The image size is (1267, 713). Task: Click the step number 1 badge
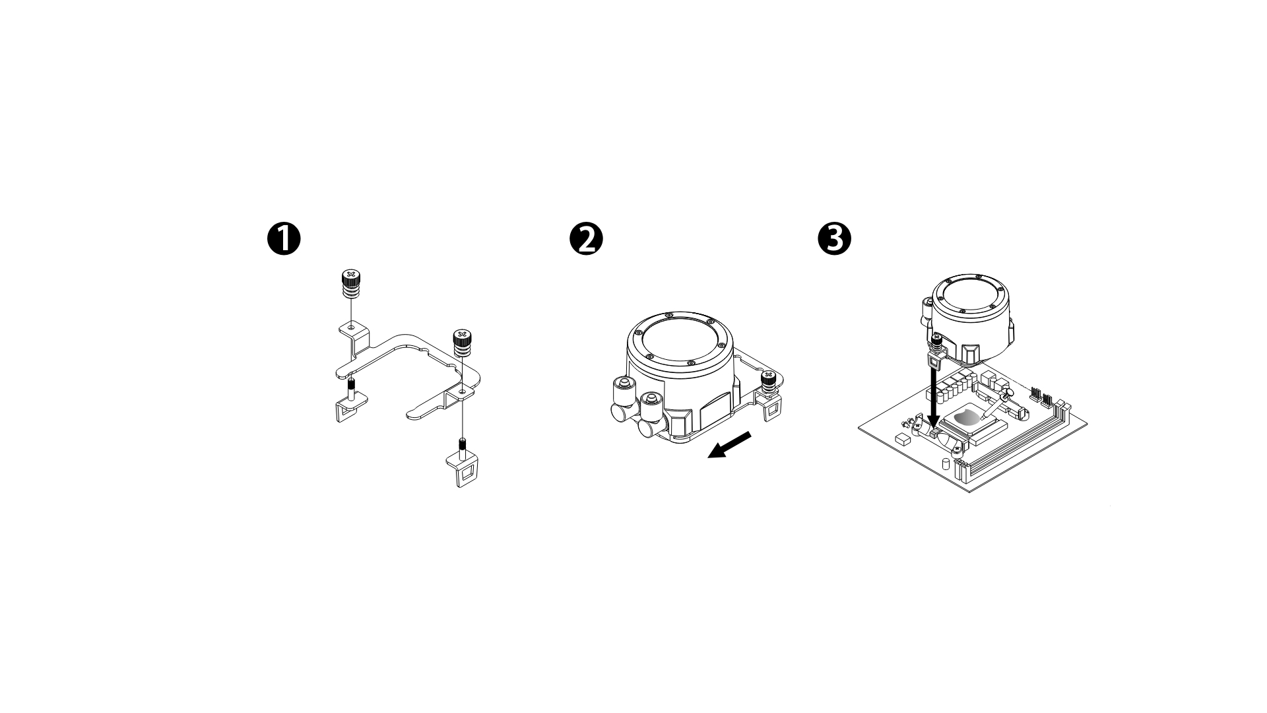coord(284,239)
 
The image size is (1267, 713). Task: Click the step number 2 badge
coord(585,239)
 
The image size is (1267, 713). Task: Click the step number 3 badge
coord(834,239)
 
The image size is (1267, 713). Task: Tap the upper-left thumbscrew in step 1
coord(350,284)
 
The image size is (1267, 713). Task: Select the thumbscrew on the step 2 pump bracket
coord(768,383)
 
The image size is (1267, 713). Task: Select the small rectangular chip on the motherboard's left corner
coord(902,438)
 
